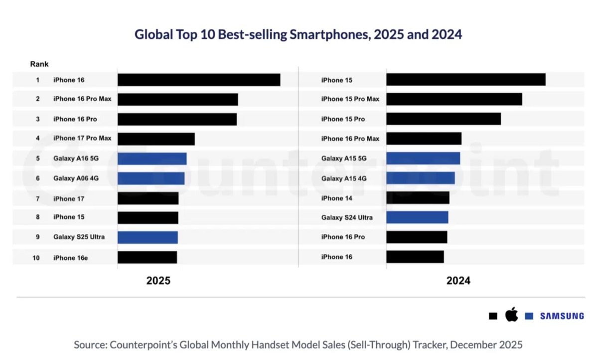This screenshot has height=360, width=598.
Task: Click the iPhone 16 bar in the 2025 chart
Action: coord(199,80)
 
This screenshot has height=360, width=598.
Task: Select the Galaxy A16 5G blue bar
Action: coord(152,159)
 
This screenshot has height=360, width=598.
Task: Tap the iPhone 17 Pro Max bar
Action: coord(156,139)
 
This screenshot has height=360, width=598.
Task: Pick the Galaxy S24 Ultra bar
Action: coord(417,217)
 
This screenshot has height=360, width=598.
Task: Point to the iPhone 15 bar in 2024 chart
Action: coord(465,80)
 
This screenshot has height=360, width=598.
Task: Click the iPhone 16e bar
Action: coord(147,257)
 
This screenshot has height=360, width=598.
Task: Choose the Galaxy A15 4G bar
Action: coord(420,178)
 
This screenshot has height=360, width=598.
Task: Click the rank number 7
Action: coord(37,198)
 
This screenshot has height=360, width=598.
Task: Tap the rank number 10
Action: coord(36,257)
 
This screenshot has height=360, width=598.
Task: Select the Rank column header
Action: coord(39,64)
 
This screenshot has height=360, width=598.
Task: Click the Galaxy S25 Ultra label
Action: coord(79,237)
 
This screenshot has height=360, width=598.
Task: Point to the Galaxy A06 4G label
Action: coord(76,178)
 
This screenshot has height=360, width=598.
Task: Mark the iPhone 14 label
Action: coord(337,198)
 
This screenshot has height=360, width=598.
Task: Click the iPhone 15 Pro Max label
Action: coord(350,99)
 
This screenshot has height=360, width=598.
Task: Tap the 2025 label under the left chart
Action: coord(158,281)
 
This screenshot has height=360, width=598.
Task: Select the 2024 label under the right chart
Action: coord(458,281)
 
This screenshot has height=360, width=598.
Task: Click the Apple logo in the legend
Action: coord(511,315)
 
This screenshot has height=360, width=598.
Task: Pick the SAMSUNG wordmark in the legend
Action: coord(562,316)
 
